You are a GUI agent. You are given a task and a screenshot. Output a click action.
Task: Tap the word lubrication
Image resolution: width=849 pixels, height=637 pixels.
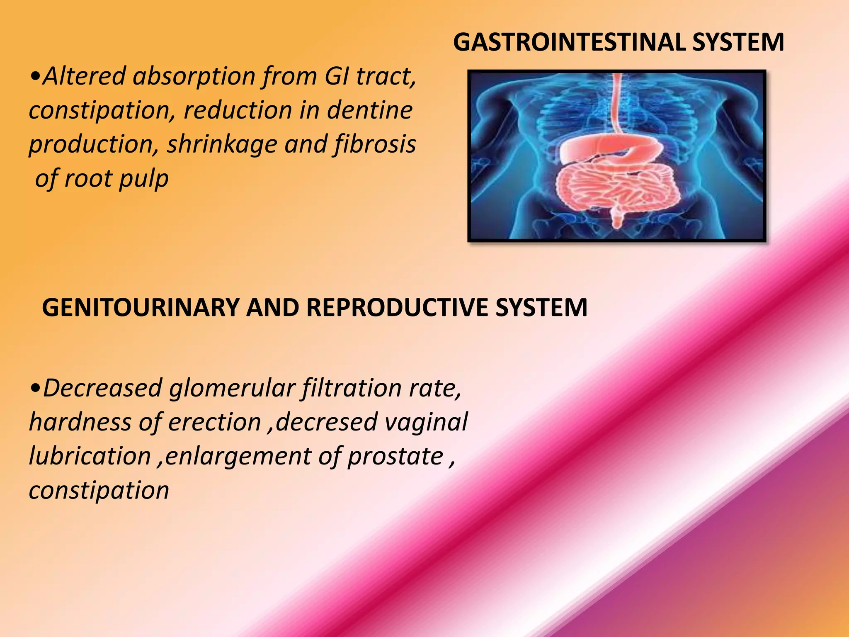coord(90,456)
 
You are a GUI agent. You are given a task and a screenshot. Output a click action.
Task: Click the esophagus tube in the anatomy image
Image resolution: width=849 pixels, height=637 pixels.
coord(617,104)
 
